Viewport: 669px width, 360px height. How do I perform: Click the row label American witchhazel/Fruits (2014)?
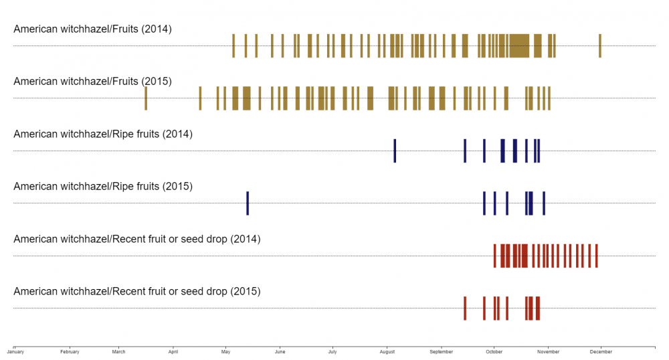(x=92, y=29)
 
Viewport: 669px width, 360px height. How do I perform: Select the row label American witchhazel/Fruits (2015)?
(x=92, y=82)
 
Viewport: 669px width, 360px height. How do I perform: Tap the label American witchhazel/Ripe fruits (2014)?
(x=103, y=134)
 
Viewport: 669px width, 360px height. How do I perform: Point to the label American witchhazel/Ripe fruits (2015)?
(x=103, y=187)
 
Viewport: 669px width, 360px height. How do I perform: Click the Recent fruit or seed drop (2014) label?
(x=136, y=239)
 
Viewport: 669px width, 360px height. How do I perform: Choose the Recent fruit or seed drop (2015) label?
(x=136, y=292)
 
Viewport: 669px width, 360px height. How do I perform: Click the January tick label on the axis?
(x=15, y=351)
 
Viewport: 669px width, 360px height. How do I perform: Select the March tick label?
(x=118, y=351)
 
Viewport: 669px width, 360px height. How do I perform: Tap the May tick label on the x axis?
(x=225, y=351)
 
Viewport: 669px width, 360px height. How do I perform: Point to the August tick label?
(x=387, y=351)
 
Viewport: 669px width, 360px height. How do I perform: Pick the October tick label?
(x=494, y=351)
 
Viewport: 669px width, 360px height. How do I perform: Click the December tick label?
(x=601, y=351)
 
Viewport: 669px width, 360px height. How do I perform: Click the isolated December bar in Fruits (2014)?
(x=600, y=46)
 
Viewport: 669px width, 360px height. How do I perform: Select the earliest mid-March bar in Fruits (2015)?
(x=146, y=98)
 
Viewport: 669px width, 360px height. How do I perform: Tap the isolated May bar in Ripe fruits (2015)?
(x=248, y=203)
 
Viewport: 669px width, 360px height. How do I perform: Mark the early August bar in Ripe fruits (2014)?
(x=395, y=151)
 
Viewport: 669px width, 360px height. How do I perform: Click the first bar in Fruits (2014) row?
(x=233, y=46)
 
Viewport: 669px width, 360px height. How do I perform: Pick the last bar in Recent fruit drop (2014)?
(x=596, y=256)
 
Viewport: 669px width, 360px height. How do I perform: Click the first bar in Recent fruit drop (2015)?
(x=465, y=308)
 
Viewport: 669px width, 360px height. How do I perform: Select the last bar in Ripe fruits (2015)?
(x=544, y=203)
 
